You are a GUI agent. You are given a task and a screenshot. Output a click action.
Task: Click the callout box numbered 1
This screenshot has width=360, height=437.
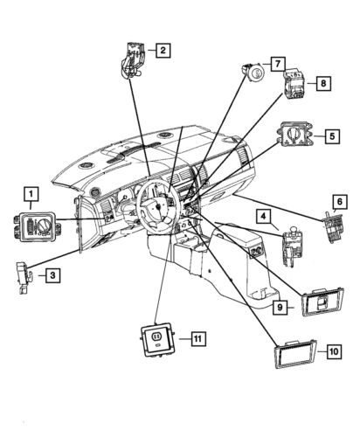[x=31, y=193]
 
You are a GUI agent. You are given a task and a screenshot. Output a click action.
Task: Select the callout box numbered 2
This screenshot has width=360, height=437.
[x=162, y=51]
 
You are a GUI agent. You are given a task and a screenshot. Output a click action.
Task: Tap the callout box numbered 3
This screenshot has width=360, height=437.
[x=52, y=276]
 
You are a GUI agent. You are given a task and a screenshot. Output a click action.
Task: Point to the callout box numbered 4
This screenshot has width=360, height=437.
[x=261, y=215]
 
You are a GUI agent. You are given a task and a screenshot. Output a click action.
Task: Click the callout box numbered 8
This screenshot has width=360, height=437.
[x=322, y=83]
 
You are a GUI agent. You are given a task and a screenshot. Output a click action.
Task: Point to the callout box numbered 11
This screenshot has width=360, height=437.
[x=198, y=336]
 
